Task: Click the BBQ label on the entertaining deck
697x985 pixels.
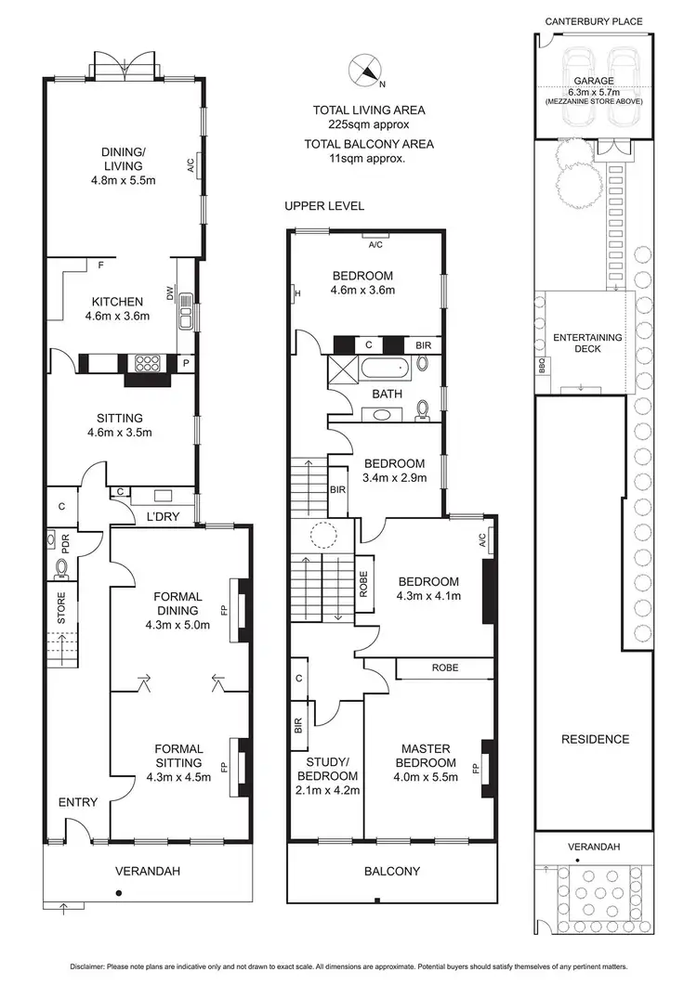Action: click(542, 368)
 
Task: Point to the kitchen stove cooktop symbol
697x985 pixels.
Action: click(150, 362)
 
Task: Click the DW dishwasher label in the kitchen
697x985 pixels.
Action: click(170, 292)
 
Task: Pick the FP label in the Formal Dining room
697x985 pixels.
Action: click(223, 612)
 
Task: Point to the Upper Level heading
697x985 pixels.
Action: click(324, 205)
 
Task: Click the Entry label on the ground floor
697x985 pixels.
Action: click(78, 802)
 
